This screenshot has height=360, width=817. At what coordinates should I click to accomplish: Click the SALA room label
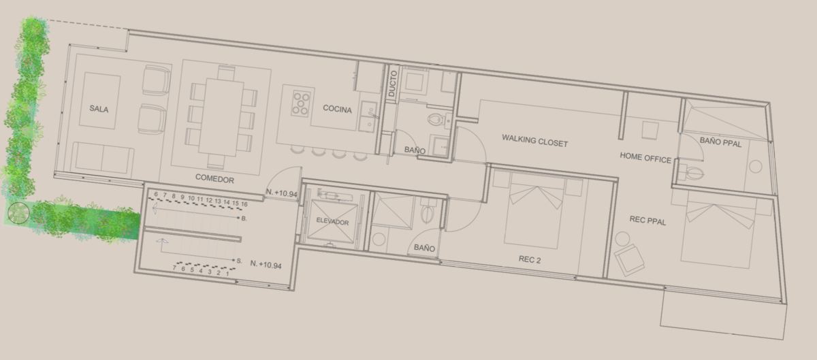tap(99, 109)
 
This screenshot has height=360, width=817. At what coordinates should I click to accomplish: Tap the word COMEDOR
tap(214, 179)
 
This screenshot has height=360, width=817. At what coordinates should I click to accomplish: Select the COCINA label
tap(337, 109)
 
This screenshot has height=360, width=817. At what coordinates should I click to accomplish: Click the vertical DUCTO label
tap(392, 84)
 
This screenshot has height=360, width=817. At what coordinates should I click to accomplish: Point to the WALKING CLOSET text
tap(534, 140)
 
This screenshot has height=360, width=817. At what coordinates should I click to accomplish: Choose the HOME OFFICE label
tap(645, 158)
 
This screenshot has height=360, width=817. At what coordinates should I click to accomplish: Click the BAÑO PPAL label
tap(720, 142)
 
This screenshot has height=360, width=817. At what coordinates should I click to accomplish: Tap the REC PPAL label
tap(647, 220)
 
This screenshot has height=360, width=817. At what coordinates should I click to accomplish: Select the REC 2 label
tap(530, 259)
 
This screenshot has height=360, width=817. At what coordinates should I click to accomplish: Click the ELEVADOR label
tap(332, 221)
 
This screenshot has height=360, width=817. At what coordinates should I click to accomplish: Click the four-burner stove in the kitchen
tap(301, 103)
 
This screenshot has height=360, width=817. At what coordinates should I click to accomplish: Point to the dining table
tap(221, 117)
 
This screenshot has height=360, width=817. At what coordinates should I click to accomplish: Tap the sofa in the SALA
tap(103, 159)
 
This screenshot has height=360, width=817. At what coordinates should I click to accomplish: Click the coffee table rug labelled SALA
tap(99, 101)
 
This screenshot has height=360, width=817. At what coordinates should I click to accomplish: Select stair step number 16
tap(244, 204)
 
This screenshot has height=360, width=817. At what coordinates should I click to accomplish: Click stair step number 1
tap(227, 273)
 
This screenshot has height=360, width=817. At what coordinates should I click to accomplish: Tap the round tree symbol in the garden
tap(18, 212)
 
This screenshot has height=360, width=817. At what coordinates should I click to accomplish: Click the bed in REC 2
tap(533, 211)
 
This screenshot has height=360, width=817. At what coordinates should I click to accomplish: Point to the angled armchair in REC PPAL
tap(629, 260)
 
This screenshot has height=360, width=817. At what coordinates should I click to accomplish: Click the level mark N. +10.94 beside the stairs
tap(266, 265)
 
